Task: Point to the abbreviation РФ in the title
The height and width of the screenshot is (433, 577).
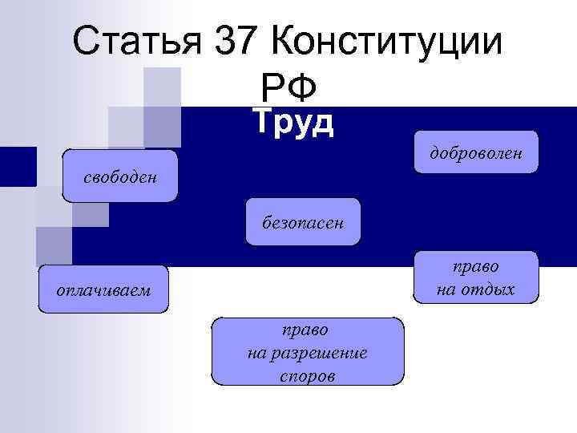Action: tap(289, 83)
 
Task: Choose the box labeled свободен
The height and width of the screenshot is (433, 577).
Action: tap(120, 176)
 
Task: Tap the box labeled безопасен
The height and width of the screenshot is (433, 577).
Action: tap(303, 222)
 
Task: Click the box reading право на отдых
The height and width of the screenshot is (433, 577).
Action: tap(476, 277)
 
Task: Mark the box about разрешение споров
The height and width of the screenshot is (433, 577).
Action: tap(307, 352)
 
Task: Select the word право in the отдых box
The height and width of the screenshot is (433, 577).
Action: tap(476, 265)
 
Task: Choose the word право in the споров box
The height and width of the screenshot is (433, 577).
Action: tap(305, 329)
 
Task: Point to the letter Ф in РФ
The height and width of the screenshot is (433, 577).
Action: tap(305, 83)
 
